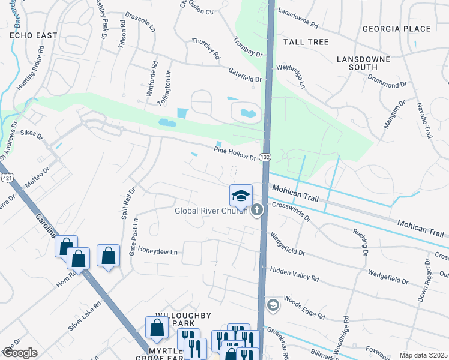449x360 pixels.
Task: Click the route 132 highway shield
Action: pos(265,157)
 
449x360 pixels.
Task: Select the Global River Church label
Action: pos(211,211)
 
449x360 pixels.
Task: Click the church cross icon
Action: pos(258,209)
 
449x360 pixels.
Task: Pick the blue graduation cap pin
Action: pos(241,196)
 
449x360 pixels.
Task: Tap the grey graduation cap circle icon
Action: pos(273,305)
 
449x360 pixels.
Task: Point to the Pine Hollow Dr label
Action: pos(235,153)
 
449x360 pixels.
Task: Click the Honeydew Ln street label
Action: pos(158,252)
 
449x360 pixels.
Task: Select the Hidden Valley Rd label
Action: pos(294,275)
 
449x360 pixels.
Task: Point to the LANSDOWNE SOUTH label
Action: pos(366,64)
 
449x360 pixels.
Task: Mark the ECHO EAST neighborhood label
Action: pos(33,35)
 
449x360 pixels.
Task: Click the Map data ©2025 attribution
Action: pos(423,356)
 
